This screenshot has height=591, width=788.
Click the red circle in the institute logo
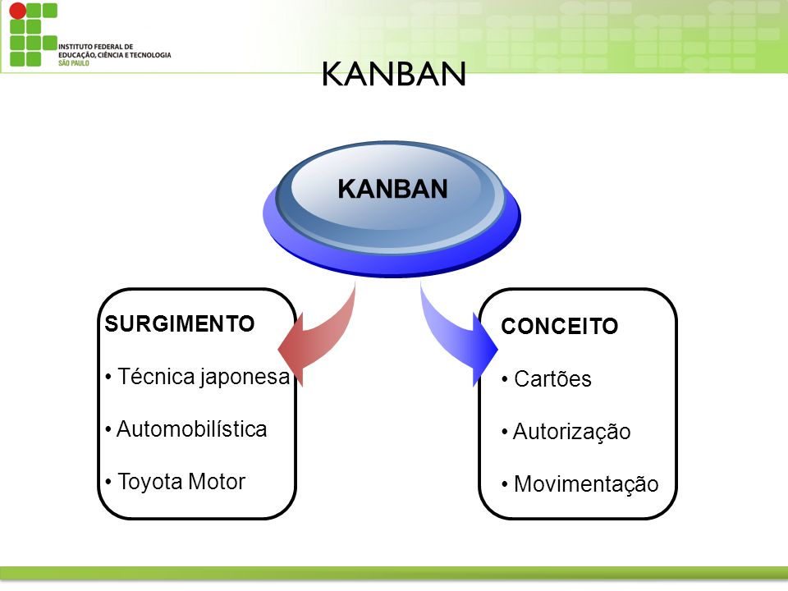click(x=17, y=10)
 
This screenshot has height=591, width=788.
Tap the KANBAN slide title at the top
click(x=394, y=74)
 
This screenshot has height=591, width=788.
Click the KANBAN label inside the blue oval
click(x=392, y=189)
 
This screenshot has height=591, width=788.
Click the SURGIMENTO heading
click(x=180, y=323)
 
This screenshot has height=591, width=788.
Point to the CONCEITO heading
click(x=559, y=326)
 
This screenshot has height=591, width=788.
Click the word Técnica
click(x=156, y=377)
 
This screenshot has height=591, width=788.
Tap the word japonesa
click(x=245, y=378)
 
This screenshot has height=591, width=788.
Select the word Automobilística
click(x=191, y=429)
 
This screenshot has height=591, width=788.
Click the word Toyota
click(x=149, y=482)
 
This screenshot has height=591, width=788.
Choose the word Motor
click(x=217, y=482)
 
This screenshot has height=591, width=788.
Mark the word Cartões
click(x=552, y=379)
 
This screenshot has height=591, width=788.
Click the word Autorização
click(x=571, y=432)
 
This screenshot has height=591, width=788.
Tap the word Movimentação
click(x=586, y=484)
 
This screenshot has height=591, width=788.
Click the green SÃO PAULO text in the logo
click(x=73, y=63)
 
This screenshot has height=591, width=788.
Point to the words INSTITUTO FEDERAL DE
click(x=95, y=47)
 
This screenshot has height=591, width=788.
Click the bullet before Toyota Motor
click(x=108, y=482)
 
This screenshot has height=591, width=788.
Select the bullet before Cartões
click(x=505, y=379)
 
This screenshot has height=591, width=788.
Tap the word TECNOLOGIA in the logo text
click(x=149, y=55)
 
